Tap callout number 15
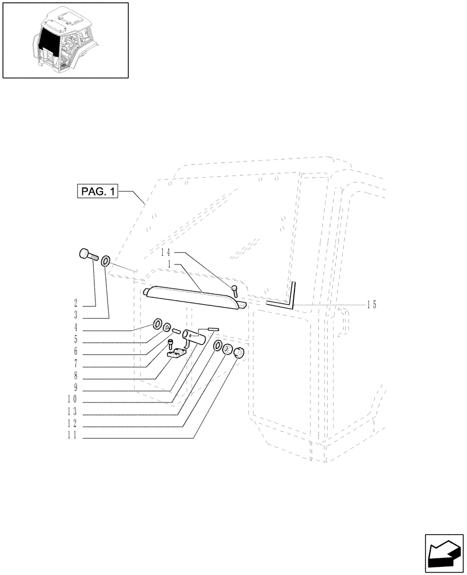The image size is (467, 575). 372,305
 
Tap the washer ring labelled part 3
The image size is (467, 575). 106,262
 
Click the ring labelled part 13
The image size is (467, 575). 219,346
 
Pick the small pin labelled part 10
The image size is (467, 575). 213,328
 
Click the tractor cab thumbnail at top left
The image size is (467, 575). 65,40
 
